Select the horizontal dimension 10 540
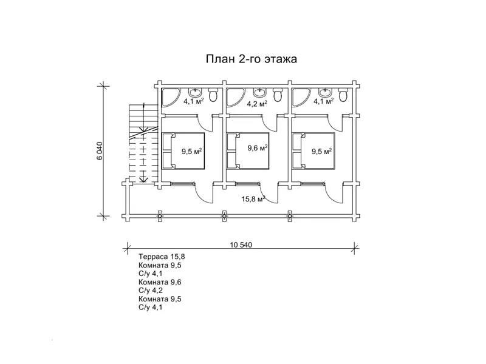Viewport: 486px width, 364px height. coord(241,245)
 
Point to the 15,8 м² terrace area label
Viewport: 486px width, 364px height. coord(253,198)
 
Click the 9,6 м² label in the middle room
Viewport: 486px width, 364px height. coord(258,148)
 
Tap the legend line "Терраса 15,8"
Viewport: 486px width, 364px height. coord(161,257)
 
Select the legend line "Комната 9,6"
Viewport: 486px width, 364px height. coord(160,282)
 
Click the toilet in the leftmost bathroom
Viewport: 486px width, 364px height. coord(213,95)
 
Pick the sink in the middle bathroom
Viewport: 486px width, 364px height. coord(260,93)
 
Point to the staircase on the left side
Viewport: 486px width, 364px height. coord(140,144)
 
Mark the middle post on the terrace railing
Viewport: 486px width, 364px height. coord(225,215)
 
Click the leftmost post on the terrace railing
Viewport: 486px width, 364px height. coord(160,215)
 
